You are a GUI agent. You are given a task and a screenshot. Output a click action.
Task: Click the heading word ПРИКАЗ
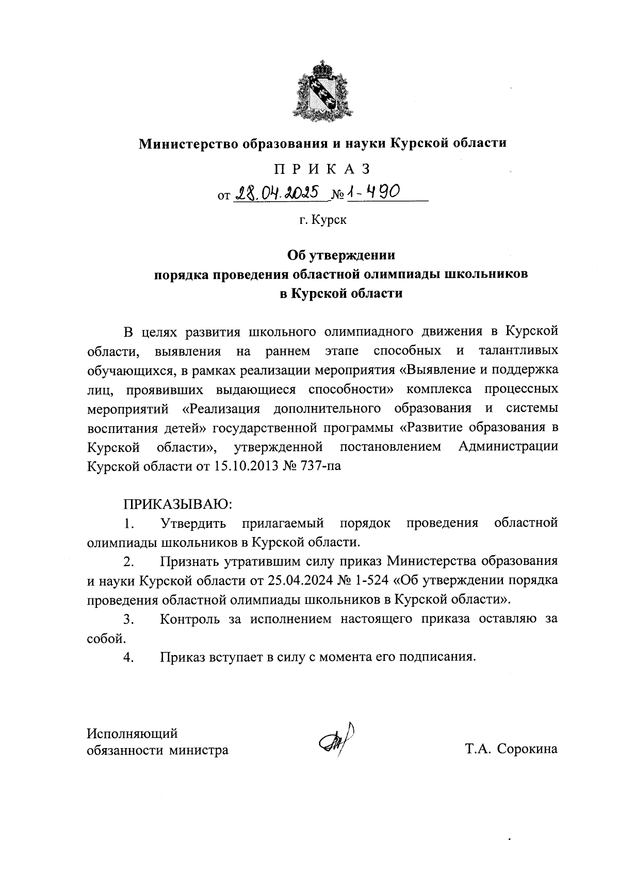click(322, 169)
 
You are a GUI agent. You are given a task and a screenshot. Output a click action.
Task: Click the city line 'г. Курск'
click(322, 220)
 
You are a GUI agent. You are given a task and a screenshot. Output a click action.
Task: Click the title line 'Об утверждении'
click(341, 255)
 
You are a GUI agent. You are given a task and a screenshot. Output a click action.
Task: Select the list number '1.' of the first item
click(129, 523)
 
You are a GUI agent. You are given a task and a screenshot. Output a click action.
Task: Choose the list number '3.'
click(129, 619)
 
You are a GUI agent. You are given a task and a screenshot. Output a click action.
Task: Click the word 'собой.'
click(106, 639)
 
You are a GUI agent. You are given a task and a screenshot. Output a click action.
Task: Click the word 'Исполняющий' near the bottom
click(133, 733)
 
